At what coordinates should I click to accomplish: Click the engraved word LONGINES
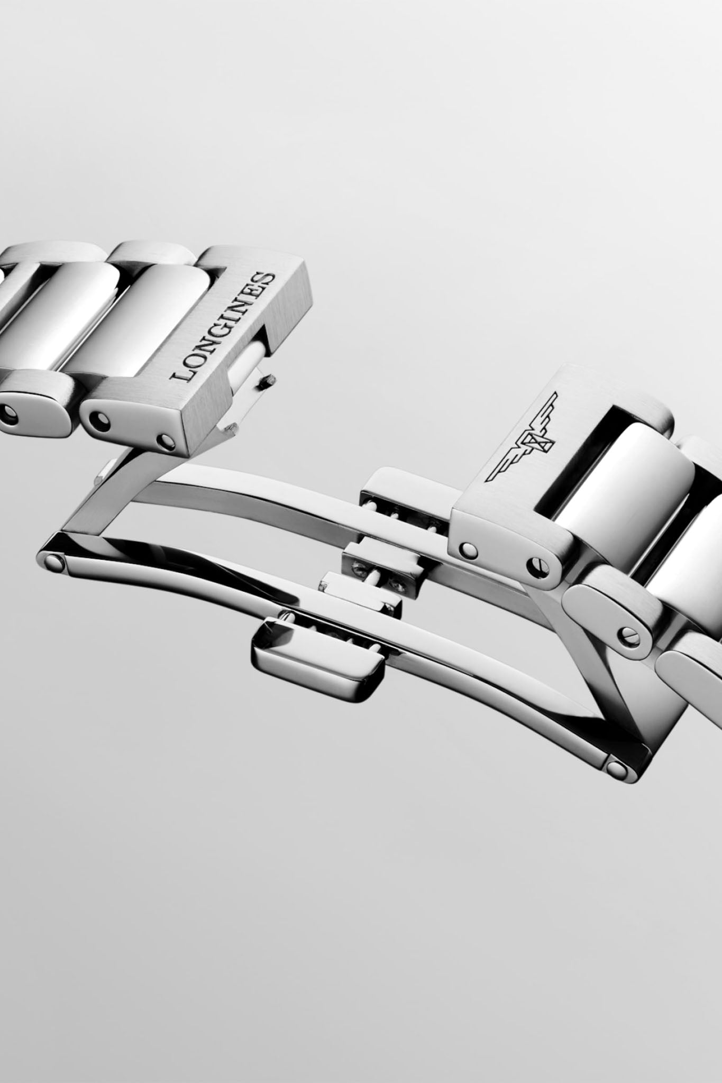click(x=223, y=327)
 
